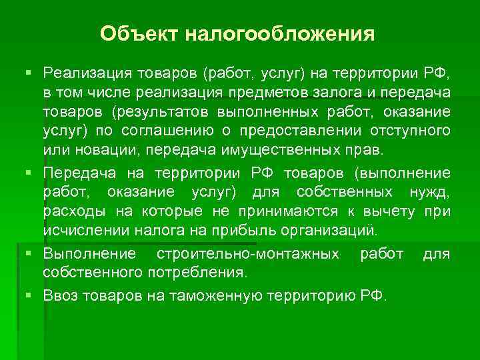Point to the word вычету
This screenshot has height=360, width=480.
tap(386, 211)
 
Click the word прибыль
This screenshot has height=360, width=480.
tap(229, 231)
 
